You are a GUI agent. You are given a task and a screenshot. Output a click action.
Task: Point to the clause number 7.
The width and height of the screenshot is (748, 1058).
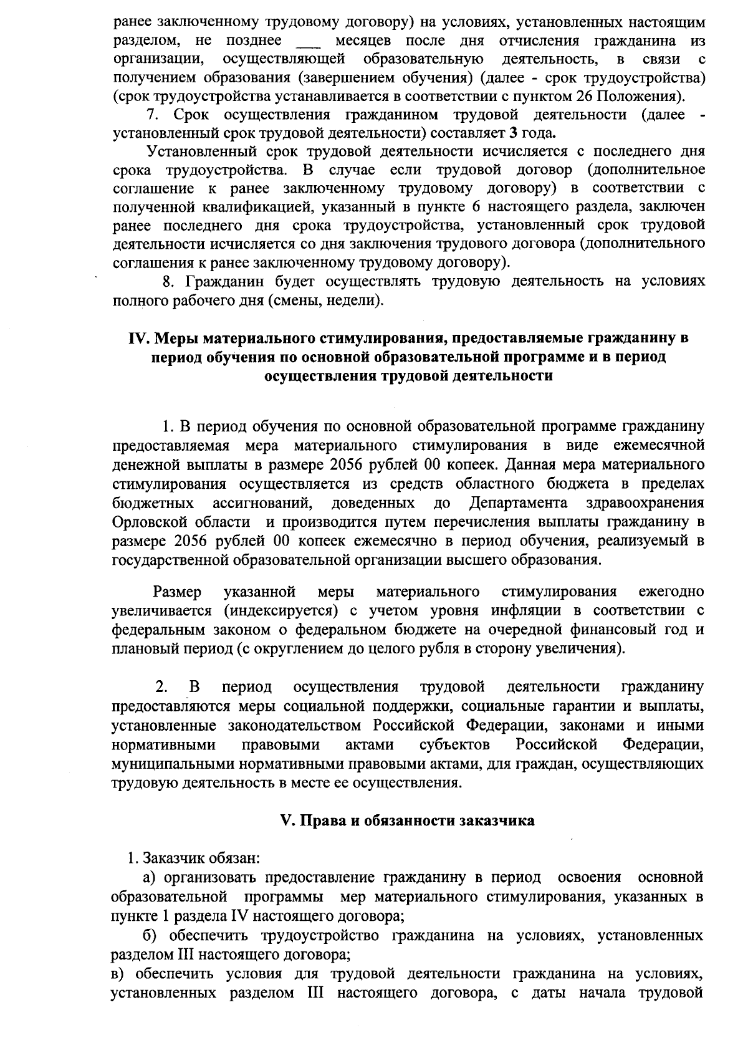[x=150, y=115]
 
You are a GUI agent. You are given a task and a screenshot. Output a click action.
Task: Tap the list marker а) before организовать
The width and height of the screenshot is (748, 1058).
[x=149, y=877]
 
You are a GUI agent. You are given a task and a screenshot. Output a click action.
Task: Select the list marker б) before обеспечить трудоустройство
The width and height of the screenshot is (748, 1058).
[x=150, y=935]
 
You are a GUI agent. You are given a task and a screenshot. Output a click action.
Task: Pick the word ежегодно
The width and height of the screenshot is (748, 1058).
[x=671, y=591]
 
